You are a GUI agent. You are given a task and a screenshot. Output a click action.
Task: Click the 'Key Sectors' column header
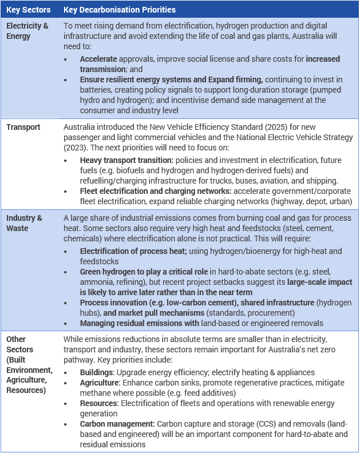tap(28, 10)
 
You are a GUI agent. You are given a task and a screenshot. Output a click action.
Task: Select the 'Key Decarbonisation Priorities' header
tap(119, 10)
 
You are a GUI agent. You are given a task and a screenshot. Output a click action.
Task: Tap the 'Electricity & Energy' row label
tap(27, 31)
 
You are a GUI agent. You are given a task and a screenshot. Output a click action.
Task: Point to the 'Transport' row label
tap(23, 127)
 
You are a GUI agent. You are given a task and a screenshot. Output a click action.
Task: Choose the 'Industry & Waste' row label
tap(24, 222)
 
